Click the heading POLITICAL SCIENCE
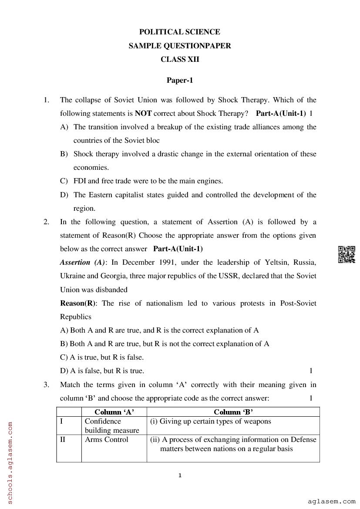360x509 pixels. point(179,32)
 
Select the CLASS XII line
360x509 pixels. point(179,59)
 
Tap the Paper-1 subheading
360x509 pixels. point(179,80)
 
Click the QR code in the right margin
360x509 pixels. point(346,255)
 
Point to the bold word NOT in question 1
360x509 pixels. point(143,114)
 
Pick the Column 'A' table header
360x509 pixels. point(114,412)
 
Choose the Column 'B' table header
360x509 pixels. point(233,412)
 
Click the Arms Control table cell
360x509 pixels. point(106,439)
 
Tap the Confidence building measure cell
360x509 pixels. point(111,426)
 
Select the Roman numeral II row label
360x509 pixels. point(63,439)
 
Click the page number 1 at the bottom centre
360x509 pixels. point(180,475)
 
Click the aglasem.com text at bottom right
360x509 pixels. point(331,501)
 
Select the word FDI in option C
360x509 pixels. point(80,181)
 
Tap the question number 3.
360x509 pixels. point(46,384)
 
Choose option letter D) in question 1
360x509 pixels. point(64,195)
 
